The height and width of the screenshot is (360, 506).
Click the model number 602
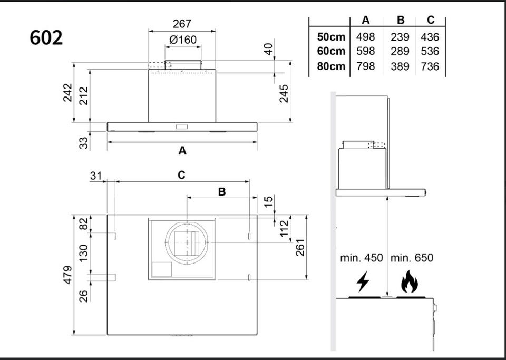click(x=46, y=38)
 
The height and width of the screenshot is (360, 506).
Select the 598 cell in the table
click(x=366, y=51)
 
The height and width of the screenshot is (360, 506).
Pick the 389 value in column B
click(x=400, y=66)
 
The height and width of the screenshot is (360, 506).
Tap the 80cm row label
click(x=331, y=66)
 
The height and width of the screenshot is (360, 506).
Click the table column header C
click(x=431, y=20)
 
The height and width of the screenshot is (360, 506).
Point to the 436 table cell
click(x=430, y=37)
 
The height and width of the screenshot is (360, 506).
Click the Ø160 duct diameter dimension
click(x=183, y=40)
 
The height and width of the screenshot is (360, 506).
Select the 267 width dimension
click(x=182, y=24)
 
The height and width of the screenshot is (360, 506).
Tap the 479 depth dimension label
click(x=67, y=275)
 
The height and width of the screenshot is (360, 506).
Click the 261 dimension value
click(x=300, y=247)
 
